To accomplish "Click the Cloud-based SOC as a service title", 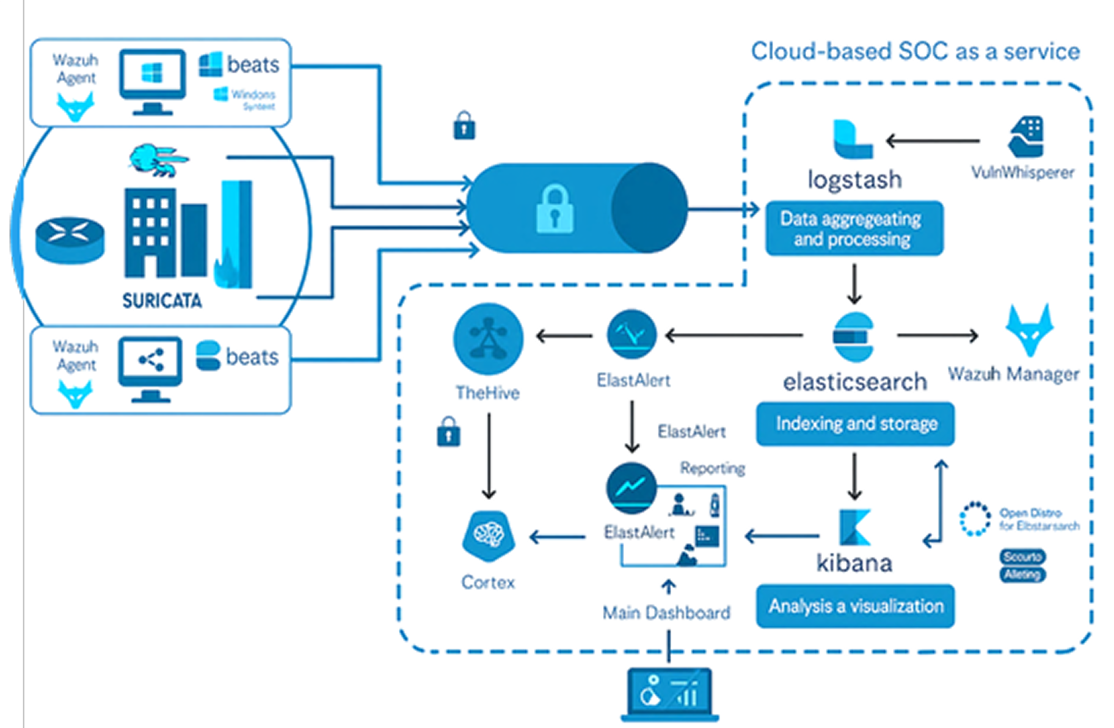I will (915, 51).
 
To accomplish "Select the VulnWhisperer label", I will (1022, 173).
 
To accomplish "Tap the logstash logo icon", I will (853, 139).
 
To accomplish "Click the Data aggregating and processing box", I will (854, 228).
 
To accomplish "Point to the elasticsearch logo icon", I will (854, 337).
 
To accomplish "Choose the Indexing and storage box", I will (855, 424).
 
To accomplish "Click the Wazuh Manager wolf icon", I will (1030, 330).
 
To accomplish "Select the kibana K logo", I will (855, 527).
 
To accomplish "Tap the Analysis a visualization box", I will (855, 606).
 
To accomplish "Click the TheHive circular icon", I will (488, 338).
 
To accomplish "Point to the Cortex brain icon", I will (489, 536).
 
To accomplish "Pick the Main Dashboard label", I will (666, 613).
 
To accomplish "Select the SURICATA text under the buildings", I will (162, 300).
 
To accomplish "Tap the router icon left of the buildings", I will (70, 239).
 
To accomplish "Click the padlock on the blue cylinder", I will (555, 209).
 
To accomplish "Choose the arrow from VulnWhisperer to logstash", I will (933, 141).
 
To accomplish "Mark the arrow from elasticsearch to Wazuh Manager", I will (937, 335).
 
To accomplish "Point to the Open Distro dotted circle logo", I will (975, 519).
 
